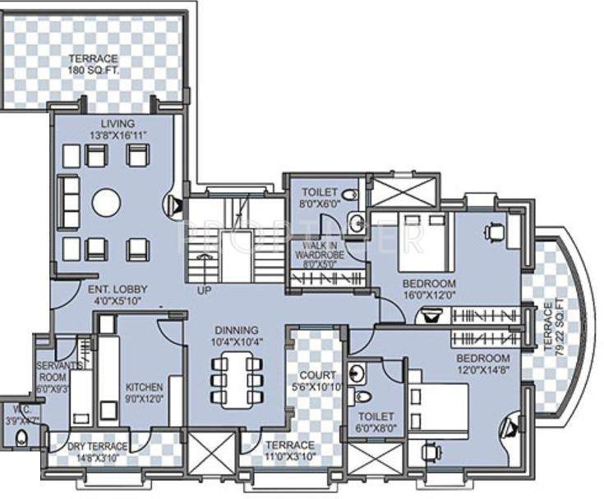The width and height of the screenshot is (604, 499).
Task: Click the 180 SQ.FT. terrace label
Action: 93,71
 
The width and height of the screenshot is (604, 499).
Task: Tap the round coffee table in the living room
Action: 106,202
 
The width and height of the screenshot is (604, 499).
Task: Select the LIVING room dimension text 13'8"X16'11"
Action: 113,135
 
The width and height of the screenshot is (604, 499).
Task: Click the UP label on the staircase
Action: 204,291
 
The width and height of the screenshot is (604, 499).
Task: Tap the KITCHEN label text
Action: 144,387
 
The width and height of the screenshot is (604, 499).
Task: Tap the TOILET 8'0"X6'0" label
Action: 319,197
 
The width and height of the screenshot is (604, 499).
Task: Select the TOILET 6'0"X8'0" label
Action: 376,422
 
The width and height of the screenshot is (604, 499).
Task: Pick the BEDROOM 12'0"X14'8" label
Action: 483,364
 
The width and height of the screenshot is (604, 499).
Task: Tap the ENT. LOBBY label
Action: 118,295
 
